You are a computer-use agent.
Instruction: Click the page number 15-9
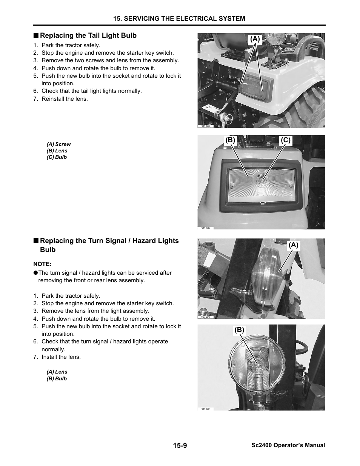tap(180, 445)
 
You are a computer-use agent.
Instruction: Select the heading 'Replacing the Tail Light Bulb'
tap(88, 35)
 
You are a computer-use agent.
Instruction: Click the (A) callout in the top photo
tap(255, 39)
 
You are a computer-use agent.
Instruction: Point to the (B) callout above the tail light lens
tap(230, 140)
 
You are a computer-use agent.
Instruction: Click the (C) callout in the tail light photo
tap(286, 140)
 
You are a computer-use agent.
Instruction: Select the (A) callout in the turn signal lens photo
tap(294, 245)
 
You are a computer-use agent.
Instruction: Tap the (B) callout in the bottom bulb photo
tap(239, 330)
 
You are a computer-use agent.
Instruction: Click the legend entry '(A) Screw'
tap(58, 144)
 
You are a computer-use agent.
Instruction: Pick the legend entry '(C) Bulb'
tap(57, 157)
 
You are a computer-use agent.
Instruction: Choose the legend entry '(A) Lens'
tap(57, 372)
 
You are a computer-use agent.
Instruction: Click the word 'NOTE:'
tap(42, 264)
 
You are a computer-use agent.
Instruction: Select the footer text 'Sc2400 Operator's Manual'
tap(288, 445)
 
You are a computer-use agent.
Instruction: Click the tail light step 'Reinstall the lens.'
tap(65, 99)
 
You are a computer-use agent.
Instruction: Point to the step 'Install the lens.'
tap(61, 357)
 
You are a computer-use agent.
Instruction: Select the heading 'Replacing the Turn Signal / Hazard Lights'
tap(109, 241)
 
